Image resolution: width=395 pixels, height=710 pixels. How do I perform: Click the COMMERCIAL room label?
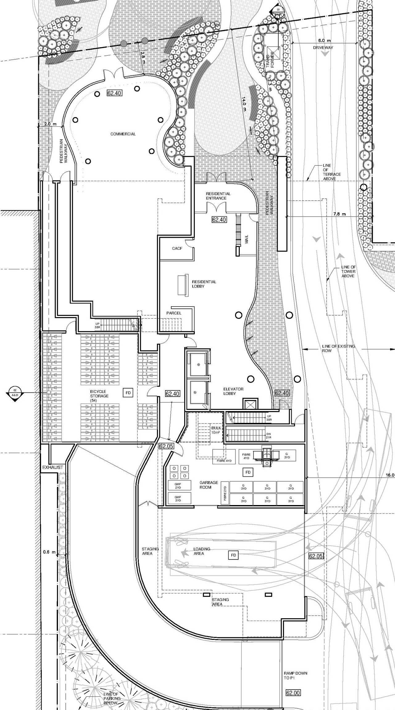pyautogui.click(x=123, y=134)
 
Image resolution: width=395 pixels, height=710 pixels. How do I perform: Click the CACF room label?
pyautogui.click(x=177, y=249)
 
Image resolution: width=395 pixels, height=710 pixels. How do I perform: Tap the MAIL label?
pyautogui.click(x=246, y=239)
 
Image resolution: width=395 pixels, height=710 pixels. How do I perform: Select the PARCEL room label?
pyautogui.click(x=174, y=313)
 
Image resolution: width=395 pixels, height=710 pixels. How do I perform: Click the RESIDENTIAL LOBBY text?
pyautogui.click(x=204, y=284)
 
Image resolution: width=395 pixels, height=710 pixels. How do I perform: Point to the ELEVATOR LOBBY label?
pyautogui.click(x=233, y=391)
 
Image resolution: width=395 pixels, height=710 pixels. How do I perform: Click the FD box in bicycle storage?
pyautogui.click(x=128, y=393)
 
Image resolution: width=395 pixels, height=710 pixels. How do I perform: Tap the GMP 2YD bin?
pyautogui.click(x=178, y=486)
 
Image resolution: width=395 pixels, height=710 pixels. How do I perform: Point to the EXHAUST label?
pyautogui.click(x=52, y=467)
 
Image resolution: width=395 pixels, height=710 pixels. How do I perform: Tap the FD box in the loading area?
pyautogui.click(x=233, y=555)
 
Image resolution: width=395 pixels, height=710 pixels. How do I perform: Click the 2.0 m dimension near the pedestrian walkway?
pyautogui.click(x=51, y=124)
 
